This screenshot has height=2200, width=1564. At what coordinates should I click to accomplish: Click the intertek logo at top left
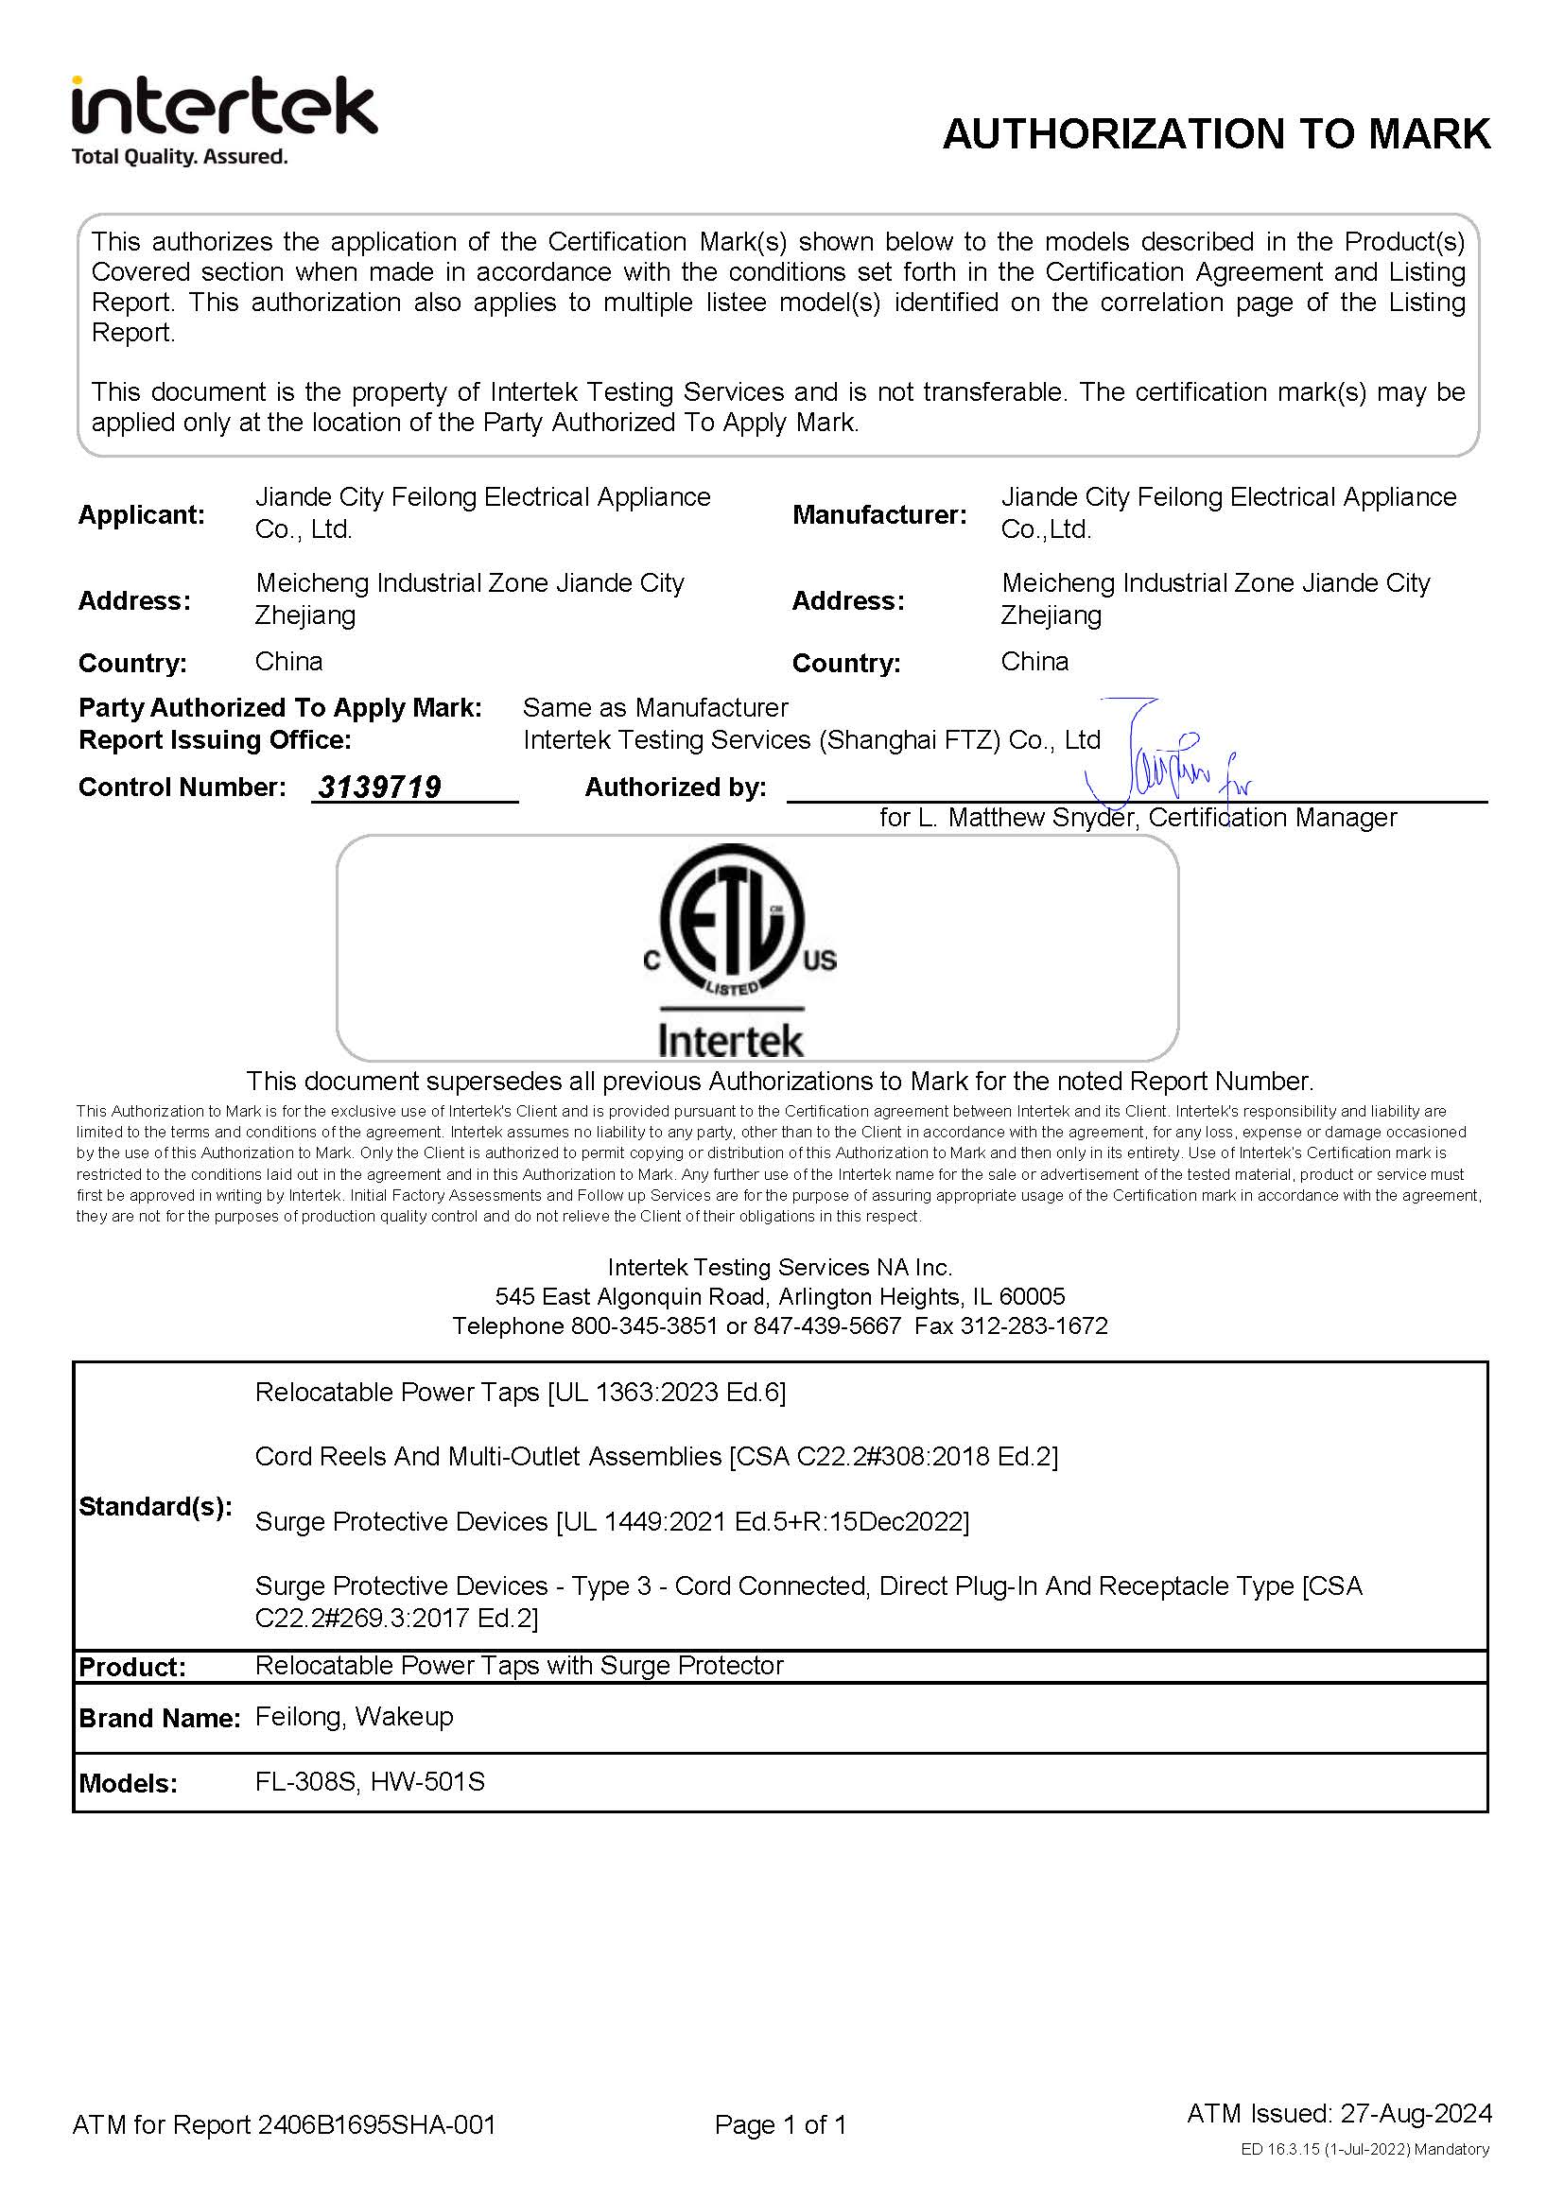[x=223, y=106]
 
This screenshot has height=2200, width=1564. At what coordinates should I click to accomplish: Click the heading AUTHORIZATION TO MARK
[x=1215, y=134]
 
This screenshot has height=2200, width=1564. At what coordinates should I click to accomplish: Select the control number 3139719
[x=379, y=788]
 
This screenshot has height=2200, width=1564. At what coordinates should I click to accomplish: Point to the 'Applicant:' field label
[x=142, y=515]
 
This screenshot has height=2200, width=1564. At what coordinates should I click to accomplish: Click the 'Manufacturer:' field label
[x=878, y=515]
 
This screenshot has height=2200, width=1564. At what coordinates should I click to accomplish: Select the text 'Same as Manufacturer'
[x=655, y=708]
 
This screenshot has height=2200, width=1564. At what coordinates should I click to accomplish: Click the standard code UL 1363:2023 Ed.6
[x=666, y=1393]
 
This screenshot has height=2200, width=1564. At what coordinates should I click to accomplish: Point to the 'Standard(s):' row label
[x=155, y=1507]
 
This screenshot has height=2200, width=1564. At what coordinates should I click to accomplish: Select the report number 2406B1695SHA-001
[x=376, y=2125]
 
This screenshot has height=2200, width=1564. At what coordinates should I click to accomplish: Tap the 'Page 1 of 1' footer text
[x=780, y=2125]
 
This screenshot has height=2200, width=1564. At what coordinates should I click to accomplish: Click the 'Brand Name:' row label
[x=159, y=1719]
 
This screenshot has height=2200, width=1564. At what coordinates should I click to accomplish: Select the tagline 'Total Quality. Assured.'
[x=179, y=157]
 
